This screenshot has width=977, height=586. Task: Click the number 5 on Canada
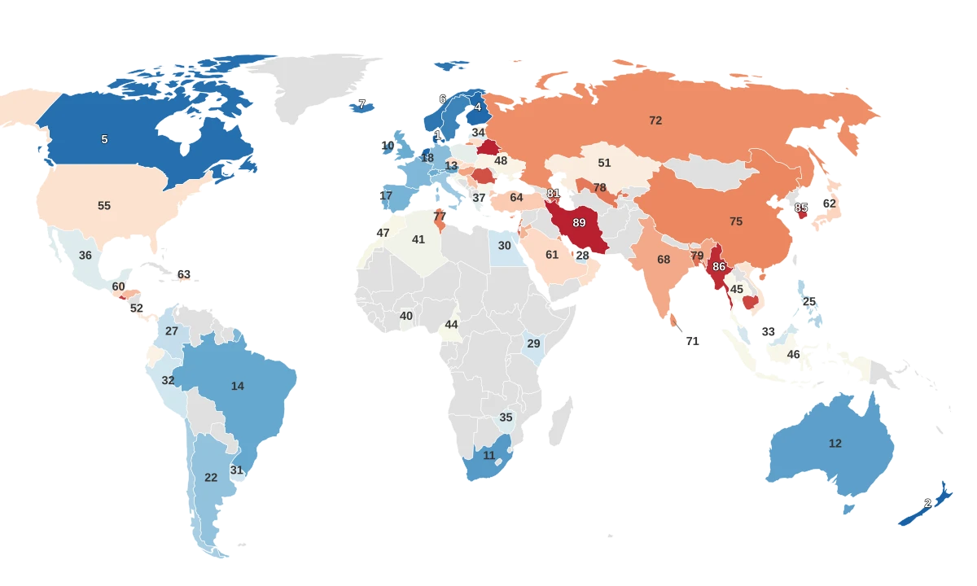(x=104, y=140)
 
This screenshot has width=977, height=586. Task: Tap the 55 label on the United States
(x=104, y=206)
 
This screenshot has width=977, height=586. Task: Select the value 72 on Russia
(x=655, y=120)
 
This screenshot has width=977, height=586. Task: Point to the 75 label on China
(x=736, y=221)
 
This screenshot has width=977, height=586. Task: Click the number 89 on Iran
(x=579, y=222)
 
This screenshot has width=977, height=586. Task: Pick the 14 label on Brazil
(x=238, y=387)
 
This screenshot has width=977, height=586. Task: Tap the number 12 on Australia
(x=835, y=444)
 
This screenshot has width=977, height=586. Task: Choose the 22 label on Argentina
(x=211, y=478)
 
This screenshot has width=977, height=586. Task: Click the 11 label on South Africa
(x=489, y=456)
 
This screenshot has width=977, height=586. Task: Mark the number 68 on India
(x=664, y=260)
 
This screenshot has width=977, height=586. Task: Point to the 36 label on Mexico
(x=85, y=256)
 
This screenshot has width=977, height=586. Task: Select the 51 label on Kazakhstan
(x=604, y=164)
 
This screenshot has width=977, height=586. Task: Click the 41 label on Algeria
(x=418, y=240)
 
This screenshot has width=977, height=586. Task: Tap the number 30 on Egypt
(x=505, y=246)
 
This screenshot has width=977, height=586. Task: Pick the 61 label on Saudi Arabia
(x=552, y=256)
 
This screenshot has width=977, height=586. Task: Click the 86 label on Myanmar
(x=719, y=266)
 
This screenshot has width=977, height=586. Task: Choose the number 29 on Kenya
(x=534, y=344)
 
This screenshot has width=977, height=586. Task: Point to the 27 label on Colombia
(x=172, y=331)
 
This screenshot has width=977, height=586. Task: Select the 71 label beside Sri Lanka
(x=693, y=342)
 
